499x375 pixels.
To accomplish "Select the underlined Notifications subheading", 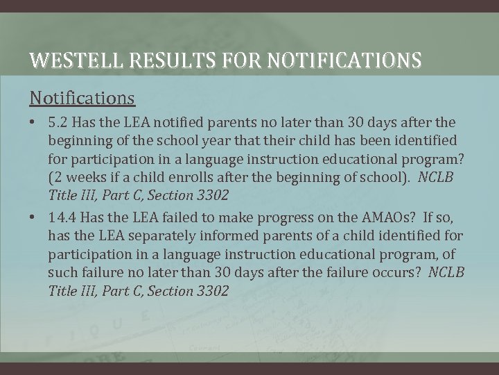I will click(82, 97).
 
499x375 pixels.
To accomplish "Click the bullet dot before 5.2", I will click(33, 122).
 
